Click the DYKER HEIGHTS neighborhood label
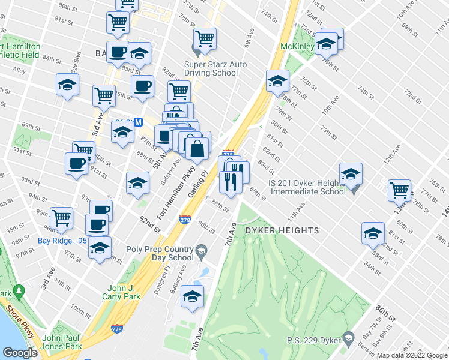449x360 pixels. (x=280, y=230)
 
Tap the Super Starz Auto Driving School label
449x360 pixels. (x=211, y=68)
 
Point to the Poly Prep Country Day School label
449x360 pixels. (x=160, y=253)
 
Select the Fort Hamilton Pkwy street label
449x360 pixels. (x=170, y=198)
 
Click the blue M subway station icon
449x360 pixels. (x=138, y=122)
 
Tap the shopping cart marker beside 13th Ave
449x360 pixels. (x=399, y=190)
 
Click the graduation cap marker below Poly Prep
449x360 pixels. (x=192, y=296)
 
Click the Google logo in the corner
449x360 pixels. (x=19, y=353)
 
